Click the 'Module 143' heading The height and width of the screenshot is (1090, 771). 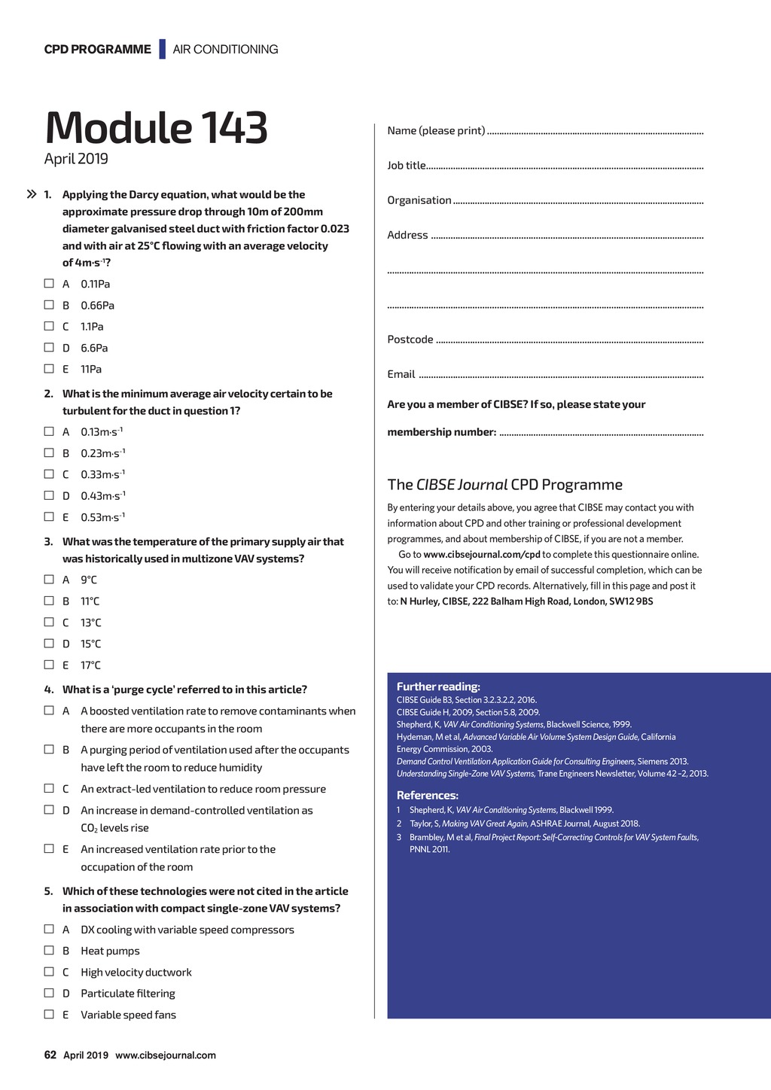click(156, 127)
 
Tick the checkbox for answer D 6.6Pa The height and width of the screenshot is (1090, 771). click(49, 347)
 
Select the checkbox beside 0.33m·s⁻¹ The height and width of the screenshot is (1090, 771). click(49, 474)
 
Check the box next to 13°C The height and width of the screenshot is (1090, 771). click(49, 622)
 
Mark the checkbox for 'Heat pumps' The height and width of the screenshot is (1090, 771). click(49, 950)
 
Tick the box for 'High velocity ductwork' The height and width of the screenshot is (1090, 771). click(49, 972)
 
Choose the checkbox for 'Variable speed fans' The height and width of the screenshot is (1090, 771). click(49, 1014)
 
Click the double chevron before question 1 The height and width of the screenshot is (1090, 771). click(32, 194)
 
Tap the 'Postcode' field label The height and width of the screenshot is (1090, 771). click(410, 339)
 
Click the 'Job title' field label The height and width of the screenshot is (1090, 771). click(407, 166)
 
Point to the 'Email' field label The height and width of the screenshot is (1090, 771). click(401, 374)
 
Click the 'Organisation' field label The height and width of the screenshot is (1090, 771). click(419, 200)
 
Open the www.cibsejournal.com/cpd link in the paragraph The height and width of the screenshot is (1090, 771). click(482, 555)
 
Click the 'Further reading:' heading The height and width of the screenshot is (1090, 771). click(438, 687)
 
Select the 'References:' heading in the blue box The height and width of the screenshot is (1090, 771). click(428, 796)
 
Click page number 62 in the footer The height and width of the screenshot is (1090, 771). click(50, 1055)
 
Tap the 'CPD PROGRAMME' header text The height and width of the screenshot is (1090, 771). click(98, 50)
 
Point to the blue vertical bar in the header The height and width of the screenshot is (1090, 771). click(162, 49)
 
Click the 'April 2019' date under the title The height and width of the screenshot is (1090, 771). click(76, 159)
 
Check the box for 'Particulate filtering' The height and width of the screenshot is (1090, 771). click(49, 993)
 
